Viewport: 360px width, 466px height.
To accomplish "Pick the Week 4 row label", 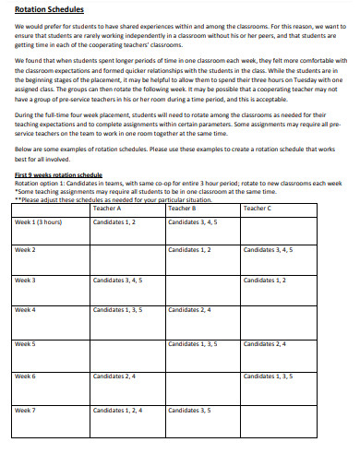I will (25, 310).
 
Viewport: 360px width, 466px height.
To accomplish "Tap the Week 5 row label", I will (25, 343).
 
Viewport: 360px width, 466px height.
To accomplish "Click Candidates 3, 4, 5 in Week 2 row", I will (268, 250).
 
